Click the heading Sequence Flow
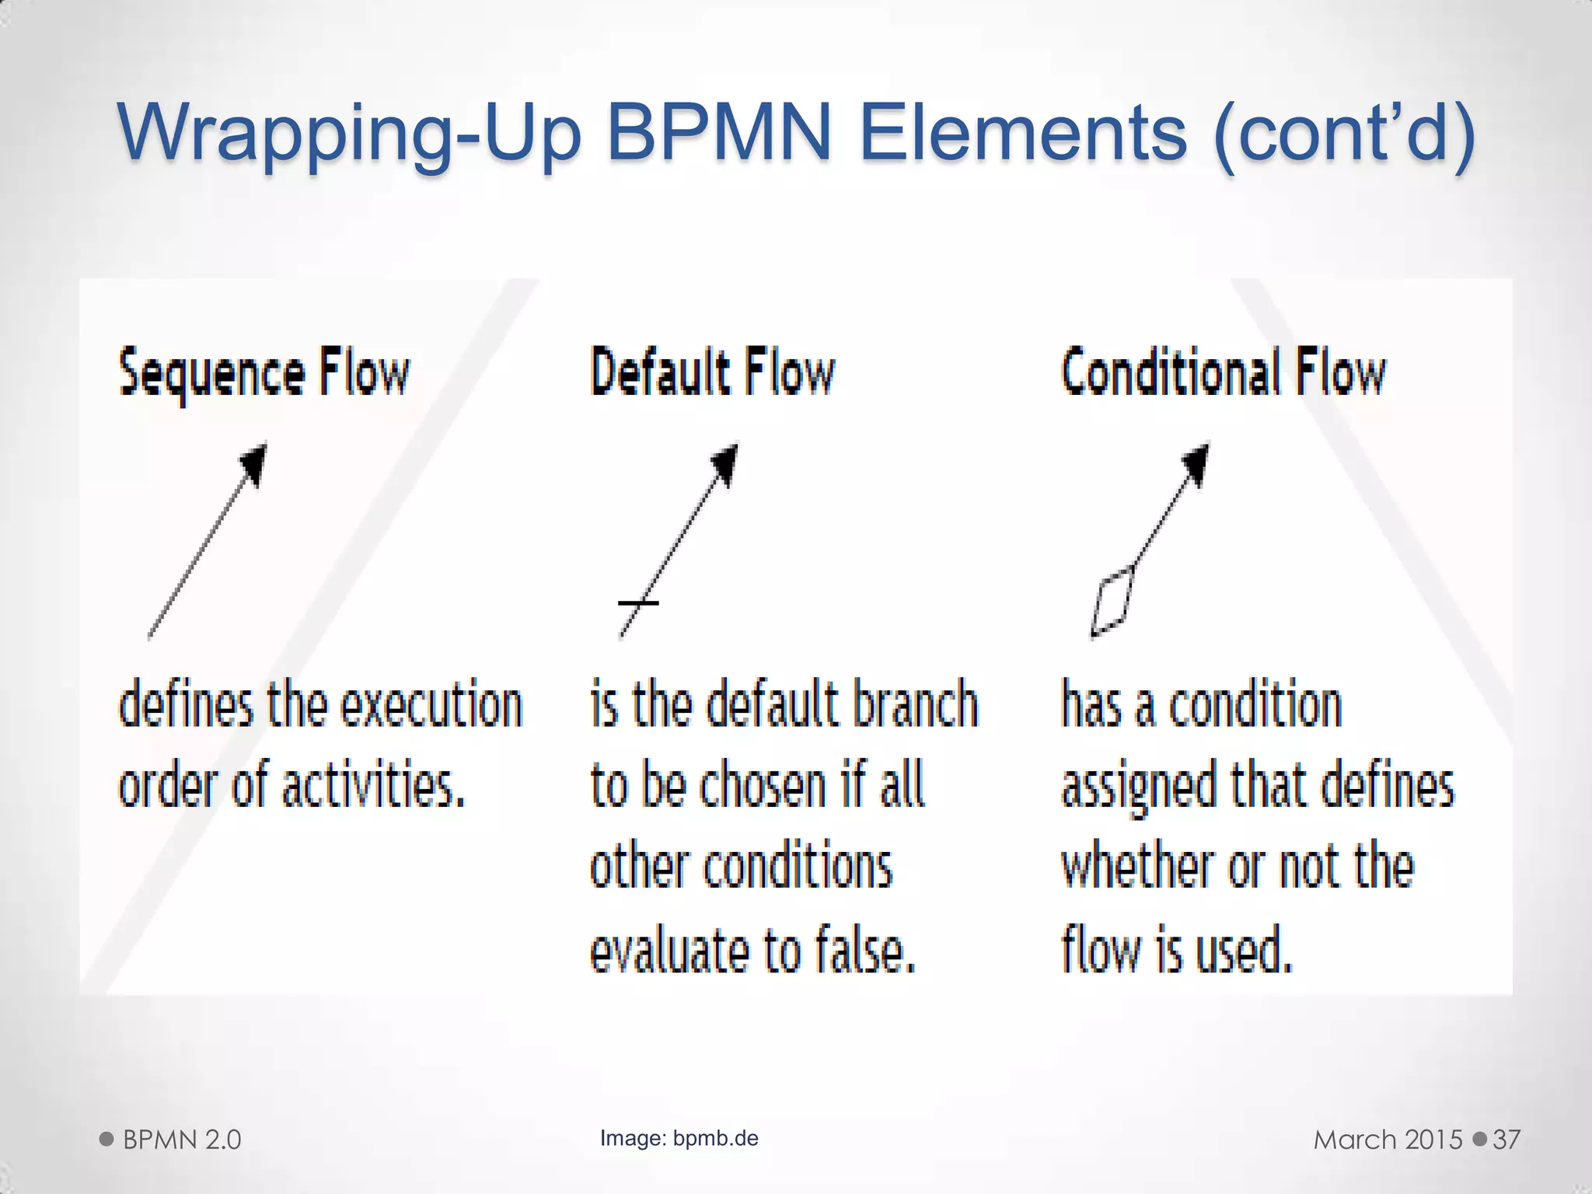click(264, 374)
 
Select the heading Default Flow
click(712, 372)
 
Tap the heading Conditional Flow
click(1223, 372)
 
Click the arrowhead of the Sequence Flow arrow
click(254, 464)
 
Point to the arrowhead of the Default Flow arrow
click(724, 464)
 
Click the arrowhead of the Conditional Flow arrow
click(1196, 464)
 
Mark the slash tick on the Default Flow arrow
click(638, 602)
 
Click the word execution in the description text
click(432, 704)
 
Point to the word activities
click(373, 785)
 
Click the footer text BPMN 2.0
click(182, 1140)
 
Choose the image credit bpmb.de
click(715, 1138)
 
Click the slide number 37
click(1506, 1140)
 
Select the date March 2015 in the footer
click(1388, 1140)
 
